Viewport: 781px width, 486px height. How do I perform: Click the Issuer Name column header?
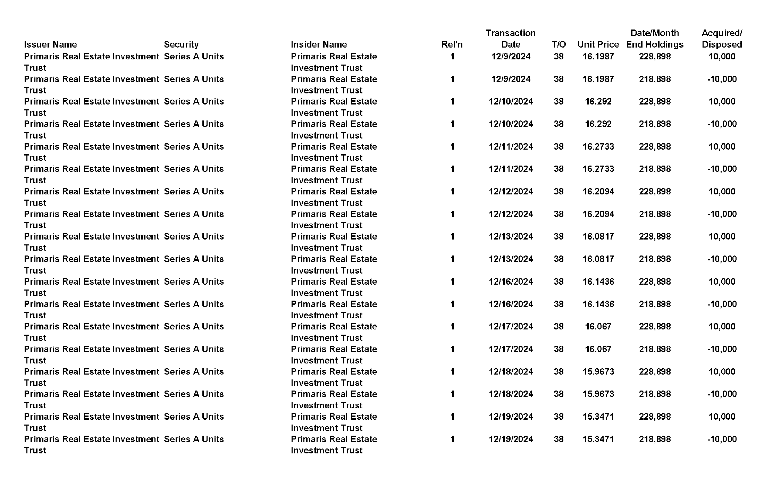(50, 44)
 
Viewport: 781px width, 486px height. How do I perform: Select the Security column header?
(181, 44)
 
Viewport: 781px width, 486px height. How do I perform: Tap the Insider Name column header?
(319, 44)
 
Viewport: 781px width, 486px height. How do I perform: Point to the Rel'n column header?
(452, 44)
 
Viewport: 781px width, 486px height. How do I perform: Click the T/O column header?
(559, 44)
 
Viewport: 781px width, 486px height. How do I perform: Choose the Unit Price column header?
(598, 44)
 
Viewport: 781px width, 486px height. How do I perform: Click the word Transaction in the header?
(511, 33)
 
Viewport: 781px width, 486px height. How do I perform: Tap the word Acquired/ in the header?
(722, 33)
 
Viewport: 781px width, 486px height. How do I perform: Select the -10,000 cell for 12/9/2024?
(722, 79)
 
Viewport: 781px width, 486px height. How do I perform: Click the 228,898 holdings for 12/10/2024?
(655, 101)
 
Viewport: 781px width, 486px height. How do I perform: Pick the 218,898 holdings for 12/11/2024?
(655, 169)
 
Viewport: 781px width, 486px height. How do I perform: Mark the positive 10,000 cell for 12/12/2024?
(722, 191)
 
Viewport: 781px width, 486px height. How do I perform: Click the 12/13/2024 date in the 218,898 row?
(511, 259)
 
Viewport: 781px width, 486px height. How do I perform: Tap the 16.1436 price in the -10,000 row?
(598, 304)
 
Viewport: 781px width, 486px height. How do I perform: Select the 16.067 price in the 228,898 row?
(598, 326)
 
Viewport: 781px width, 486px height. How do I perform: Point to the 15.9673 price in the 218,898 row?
(598, 394)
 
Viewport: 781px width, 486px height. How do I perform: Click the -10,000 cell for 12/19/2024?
(722, 439)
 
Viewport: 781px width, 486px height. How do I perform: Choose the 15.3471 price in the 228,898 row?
(598, 417)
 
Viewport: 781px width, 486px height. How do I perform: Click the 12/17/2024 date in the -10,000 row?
(511, 349)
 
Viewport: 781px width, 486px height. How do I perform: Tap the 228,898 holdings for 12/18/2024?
(655, 371)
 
